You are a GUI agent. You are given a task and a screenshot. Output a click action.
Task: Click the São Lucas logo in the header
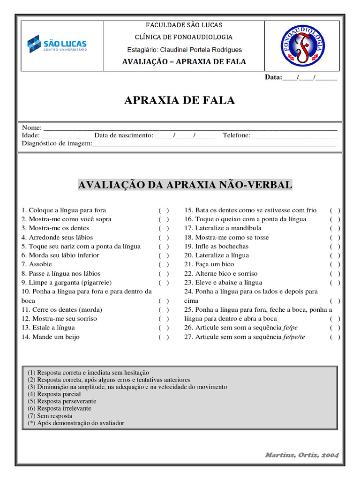point(57,44)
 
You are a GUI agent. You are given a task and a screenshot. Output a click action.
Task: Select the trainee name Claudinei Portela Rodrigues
point(202,50)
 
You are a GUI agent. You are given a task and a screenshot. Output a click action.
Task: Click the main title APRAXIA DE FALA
point(180,100)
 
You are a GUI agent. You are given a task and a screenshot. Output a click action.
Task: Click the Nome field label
point(32,127)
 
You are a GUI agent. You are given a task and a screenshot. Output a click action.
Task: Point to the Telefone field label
point(236,135)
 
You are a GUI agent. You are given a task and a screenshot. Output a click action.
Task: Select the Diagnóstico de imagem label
point(57,143)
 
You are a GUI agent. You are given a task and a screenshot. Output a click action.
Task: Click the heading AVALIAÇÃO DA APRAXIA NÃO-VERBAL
point(185,185)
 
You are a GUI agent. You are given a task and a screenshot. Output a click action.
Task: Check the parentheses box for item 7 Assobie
point(164,264)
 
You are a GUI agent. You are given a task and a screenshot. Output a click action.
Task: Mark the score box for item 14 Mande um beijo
point(164,337)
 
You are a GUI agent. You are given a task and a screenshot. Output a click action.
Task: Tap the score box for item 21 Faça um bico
point(335,264)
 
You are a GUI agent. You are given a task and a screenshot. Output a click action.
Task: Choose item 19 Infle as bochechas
point(216,246)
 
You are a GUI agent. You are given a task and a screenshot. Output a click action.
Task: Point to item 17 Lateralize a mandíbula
point(223,228)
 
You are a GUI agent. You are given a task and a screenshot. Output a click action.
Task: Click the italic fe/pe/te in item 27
point(294,337)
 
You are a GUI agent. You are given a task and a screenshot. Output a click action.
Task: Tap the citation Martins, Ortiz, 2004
point(302,455)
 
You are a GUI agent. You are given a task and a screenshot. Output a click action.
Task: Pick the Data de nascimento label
point(124,135)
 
